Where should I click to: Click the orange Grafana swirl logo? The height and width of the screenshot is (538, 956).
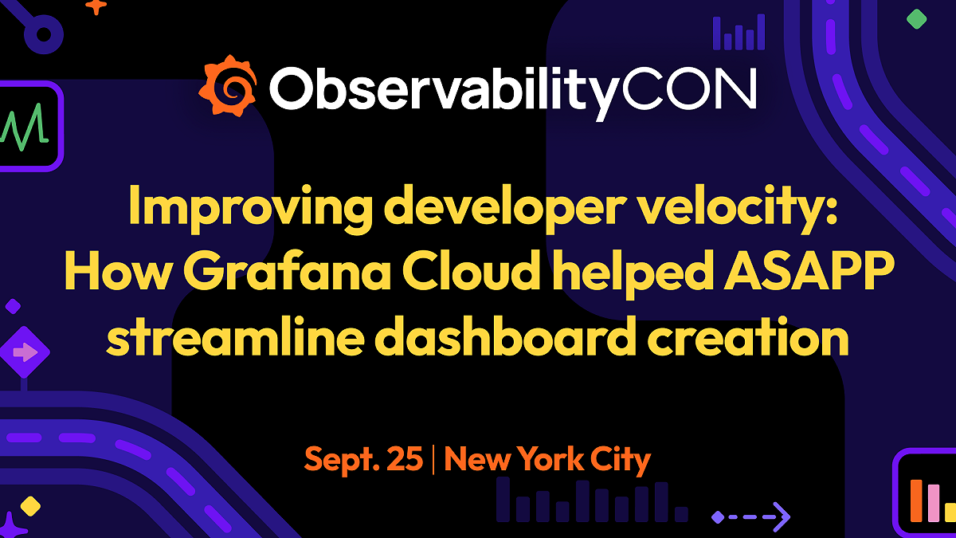coord(228,86)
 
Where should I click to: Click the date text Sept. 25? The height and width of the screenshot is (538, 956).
coord(363,460)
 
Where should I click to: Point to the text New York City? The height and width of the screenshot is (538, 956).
coord(547,460)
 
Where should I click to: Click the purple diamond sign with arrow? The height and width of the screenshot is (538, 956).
coord(24,351)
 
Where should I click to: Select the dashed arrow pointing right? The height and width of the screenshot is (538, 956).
coord(750,516)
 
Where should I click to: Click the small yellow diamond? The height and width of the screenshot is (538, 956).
coord(30,505)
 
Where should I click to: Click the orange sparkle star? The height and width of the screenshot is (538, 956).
coord(96,6)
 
